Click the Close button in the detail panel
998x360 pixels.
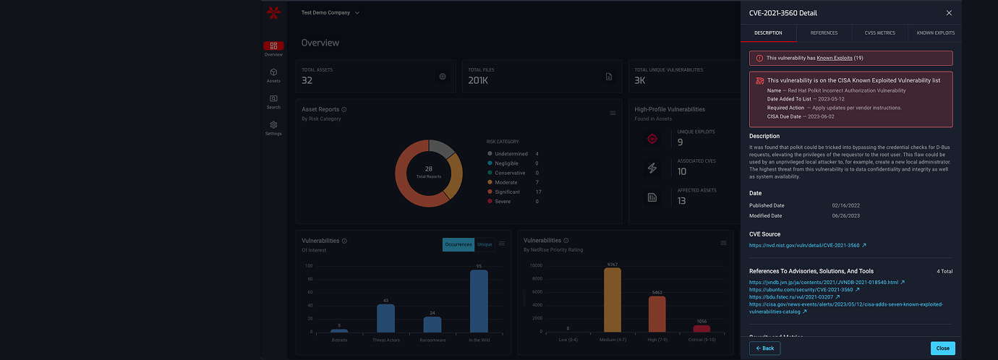pyautogui.click(x=942, y=348)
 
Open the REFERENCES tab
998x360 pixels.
pyautogui.click(x=824, y=33)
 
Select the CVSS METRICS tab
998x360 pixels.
pyautogui.click(x=879, y=33)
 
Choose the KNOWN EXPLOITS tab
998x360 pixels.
pyautogui.click(x=935, y=33)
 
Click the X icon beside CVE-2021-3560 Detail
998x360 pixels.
pyautogui.click(x=949, y=13)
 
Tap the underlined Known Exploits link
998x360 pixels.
pyautogui.click(x=835, y=58)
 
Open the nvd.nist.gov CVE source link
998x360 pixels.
pyautogui.click(x=804, y=245)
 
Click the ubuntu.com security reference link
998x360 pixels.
pyautogui.click(x=801, y=289)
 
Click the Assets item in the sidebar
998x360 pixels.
pyautogui.click(x=273, y=75)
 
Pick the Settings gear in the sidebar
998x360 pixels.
pyautogui.click(x=273, y=128)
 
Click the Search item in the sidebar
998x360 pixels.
pyautogui.click(x=273, y=102)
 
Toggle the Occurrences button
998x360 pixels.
pyautogui.click(x=458, y=244)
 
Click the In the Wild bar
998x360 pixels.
pyautogui.click(x=479, y=301)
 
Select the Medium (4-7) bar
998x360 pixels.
pyautogui.click(x=613, y=300)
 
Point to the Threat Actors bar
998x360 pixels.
pyautogui.click(x=385, y=318)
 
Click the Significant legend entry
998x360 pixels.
pyautogui.click(x=508, y=192)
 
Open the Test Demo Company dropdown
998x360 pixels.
pyautogui.click(x=330, y=13)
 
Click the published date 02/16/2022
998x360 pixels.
pyautogui.click(x=845, y=205)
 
